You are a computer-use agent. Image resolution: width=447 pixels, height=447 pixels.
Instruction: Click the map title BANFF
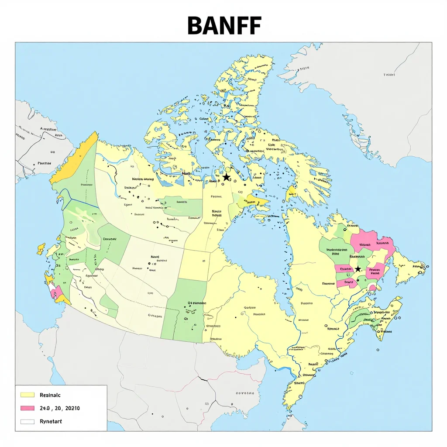tap(224, 26)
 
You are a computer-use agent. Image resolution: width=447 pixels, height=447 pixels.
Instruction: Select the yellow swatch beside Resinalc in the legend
tap(27, 395)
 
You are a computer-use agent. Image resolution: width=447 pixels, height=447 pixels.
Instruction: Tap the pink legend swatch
tap(27, 408)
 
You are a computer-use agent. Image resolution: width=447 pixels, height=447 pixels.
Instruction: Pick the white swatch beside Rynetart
tap(27, 422)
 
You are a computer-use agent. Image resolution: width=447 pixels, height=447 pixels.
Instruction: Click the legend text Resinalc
tap(50, 395)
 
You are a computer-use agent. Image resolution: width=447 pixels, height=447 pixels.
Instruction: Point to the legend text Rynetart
tap(51, 421)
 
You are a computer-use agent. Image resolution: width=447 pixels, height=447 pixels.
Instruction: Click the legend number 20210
tap(71, 408)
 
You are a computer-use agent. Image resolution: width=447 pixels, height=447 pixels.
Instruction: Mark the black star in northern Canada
tap(226, 177)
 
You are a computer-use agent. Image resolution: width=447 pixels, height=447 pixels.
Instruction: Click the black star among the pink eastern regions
tap(358, 269)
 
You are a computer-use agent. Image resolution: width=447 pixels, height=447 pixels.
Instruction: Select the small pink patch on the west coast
tap(56, 292)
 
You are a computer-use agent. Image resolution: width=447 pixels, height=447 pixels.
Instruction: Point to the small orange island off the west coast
tap(41, 249)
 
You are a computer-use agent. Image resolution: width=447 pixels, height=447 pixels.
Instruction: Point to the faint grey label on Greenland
tap(389, 75)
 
